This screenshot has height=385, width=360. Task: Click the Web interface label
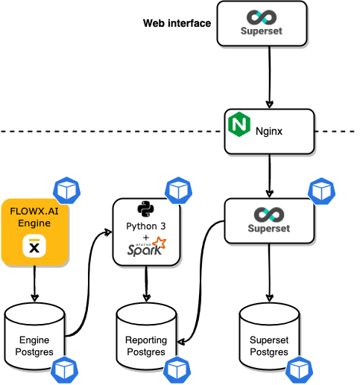pos(177,23)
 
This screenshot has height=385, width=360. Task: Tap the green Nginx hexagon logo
pos(239,124)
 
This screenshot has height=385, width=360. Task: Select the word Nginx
pos(269,131)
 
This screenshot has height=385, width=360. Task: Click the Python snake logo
pos(146,209)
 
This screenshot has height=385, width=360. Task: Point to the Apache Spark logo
pos(147,247)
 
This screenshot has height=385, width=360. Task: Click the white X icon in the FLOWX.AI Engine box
pos(34,246)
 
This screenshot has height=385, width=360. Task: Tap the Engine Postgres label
pos(34,346)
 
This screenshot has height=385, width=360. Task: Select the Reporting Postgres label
pos(146,346)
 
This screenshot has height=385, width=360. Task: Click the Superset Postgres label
pos(269,346)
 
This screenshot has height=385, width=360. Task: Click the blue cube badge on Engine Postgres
pos(65,370)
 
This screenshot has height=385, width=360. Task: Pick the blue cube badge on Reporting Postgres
pos(177,370)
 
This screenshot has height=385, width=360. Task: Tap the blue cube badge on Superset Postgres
pos(299,370)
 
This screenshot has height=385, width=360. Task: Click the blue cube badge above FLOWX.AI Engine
pos(67,191)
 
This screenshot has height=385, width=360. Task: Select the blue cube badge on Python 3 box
pos(178,191)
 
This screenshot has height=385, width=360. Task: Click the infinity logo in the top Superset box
pos(262,17)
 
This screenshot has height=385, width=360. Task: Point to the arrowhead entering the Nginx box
pos(270,104)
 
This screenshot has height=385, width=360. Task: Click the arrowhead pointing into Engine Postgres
pos(34,298)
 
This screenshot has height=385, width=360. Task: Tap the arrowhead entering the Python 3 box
pos(108,232)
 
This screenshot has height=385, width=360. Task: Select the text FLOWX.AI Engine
pos(34,217)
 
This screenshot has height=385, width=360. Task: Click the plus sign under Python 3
pos(146,238)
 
